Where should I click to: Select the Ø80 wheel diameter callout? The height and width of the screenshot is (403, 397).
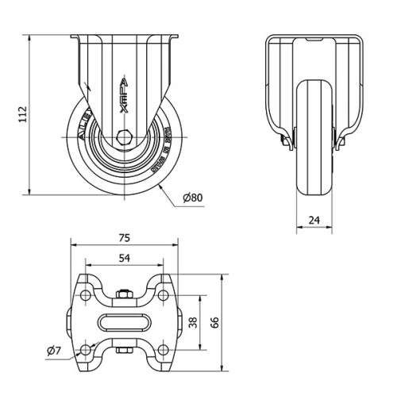pos(193,197)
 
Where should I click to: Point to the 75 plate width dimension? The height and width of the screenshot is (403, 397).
pos(125,236)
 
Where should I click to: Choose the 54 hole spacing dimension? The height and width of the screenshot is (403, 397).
pos(125,259)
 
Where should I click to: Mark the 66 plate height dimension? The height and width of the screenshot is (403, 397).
pos(214,321)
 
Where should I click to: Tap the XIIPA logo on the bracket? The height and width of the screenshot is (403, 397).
pos(124,89)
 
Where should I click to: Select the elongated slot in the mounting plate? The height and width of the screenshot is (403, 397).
pos(124,322)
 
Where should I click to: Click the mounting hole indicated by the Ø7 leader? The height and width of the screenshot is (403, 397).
pos(86,350)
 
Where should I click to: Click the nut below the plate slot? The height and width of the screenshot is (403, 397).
pos(124,349)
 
